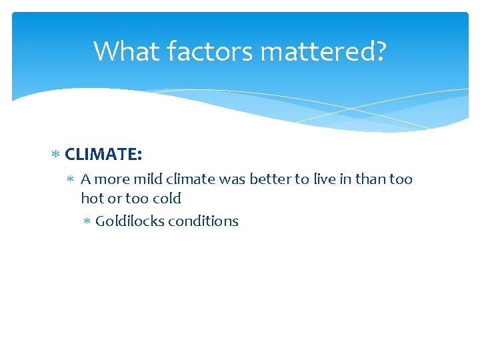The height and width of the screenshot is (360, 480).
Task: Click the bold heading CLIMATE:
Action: [x=103, y=155]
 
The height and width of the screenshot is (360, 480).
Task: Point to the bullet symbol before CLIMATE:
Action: [x=56, y=155]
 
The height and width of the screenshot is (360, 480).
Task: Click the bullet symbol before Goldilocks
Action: [x=87, y=222]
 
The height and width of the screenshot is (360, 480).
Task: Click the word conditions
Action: [x=203, y=221]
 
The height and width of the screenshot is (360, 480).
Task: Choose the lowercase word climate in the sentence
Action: [x=190, y=179]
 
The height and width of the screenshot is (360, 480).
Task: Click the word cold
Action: [x=166, y=199]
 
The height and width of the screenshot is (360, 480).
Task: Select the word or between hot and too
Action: [x=113, y=199]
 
